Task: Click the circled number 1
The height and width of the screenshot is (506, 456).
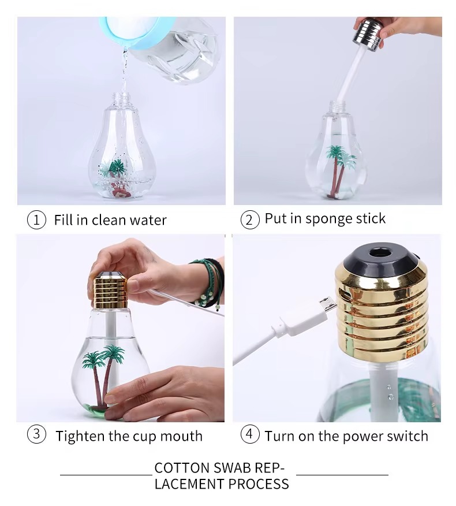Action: point(36,220)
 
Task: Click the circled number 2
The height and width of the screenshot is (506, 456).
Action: point(249,220)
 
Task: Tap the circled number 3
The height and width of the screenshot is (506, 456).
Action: point(36,434)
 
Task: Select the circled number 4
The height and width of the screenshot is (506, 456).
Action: point(249,434)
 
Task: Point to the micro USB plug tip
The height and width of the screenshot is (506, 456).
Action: point(327,306)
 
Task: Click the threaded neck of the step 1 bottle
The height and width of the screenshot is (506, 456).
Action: point(121,98)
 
